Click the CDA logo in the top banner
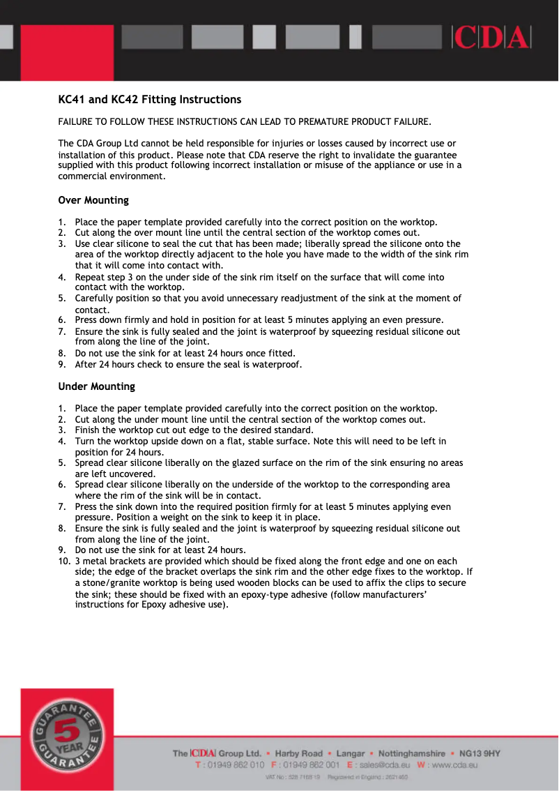(x=491, y=37)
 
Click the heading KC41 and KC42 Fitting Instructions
(x=149, y=99)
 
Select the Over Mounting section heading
(x=93, y=200)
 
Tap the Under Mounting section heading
(x=96, y=386)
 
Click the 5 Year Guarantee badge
(x=67, y=739)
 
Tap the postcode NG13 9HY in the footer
(x=480, y=753)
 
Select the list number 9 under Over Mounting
(x=61, y=364)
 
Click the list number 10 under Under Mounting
(x=63, y=561)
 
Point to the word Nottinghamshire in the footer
(x=412, y=753)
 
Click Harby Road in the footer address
(x=299, y=753)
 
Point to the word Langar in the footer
(x=351, y=753)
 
